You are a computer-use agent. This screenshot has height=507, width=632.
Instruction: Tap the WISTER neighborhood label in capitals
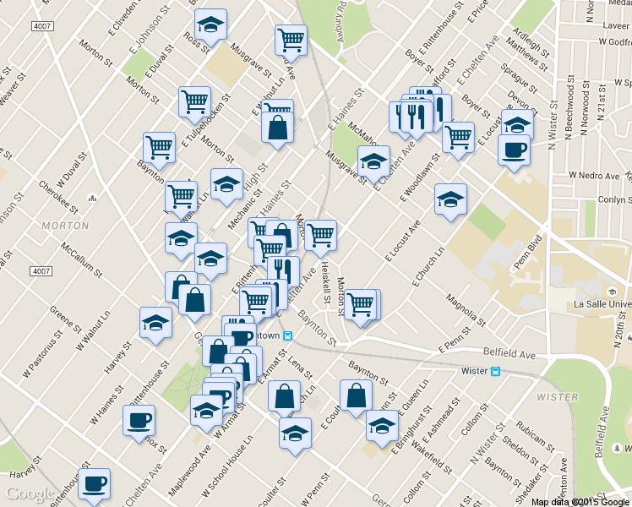pos(557,395)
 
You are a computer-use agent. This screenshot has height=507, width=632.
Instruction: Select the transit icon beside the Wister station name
pos(496,371)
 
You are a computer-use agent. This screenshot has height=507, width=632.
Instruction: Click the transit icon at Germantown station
pos(288,335)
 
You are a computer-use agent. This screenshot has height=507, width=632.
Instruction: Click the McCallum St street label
pos(82,261)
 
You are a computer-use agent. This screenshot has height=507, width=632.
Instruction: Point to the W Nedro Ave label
pos(594,175)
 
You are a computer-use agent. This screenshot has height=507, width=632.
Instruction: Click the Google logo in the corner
pos(32,493)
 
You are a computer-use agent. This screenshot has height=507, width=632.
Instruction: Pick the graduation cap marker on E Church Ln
pos(450,200)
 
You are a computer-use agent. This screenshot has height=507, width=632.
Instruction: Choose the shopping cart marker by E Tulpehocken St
pos(194,102)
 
